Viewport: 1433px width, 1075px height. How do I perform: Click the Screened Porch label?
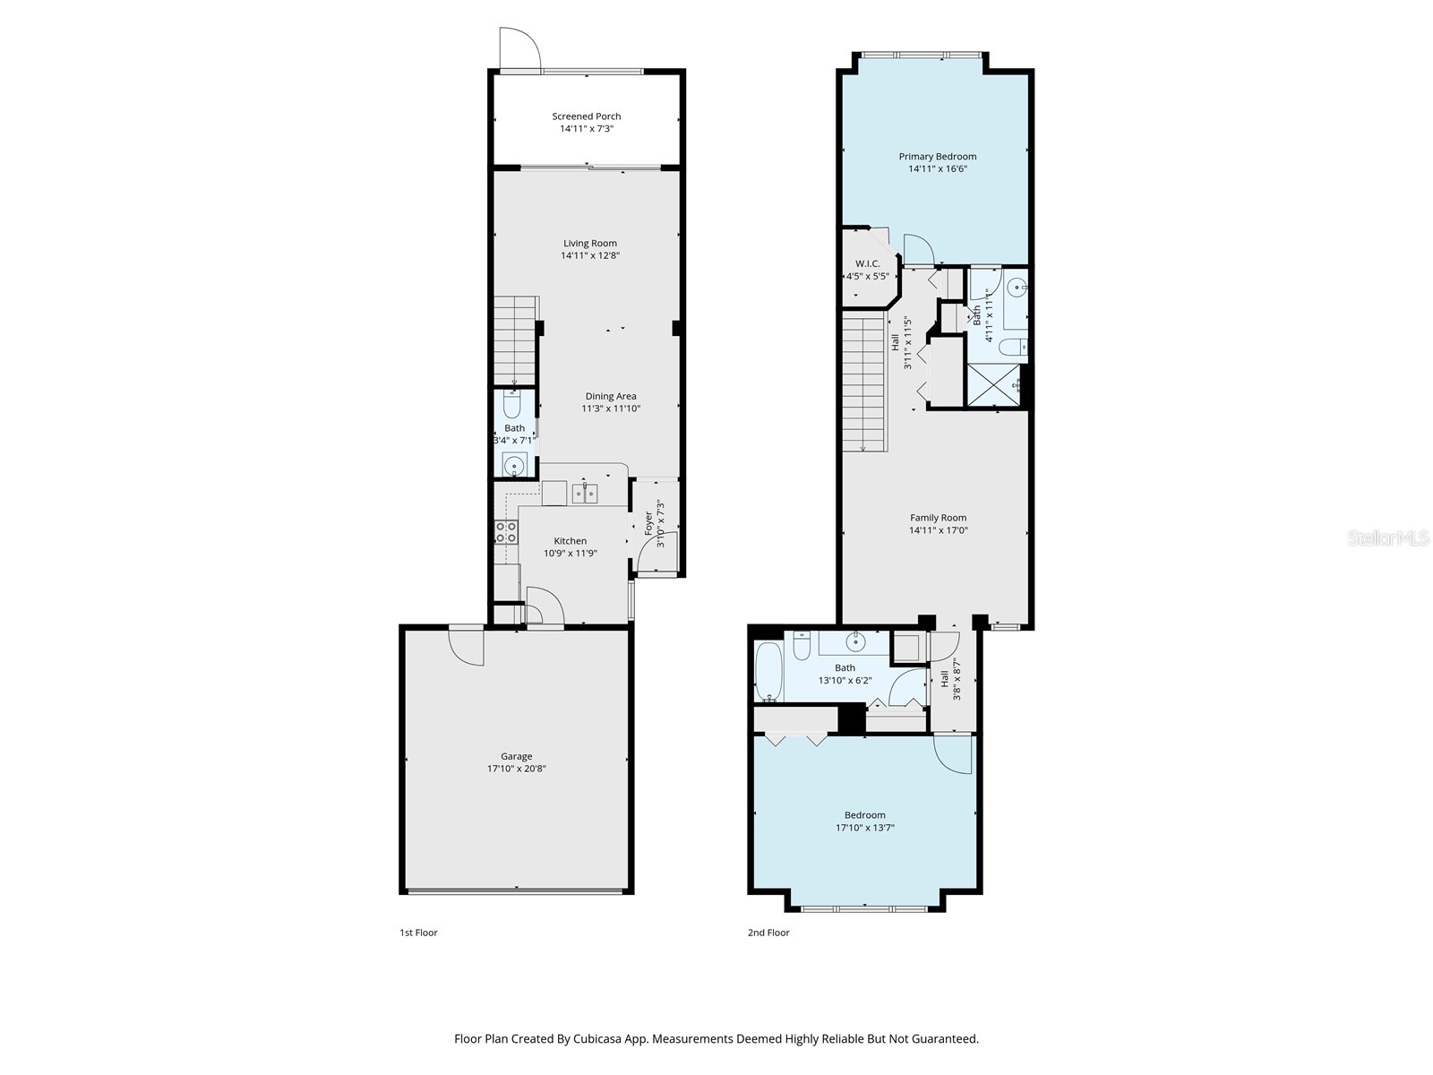pyautogui.click(x=586, y=116)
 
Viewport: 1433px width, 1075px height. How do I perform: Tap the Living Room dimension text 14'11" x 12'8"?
pyautogui.click(x=590, y=256)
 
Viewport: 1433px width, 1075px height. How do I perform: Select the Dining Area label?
pyautogui.click(x=611, y=396)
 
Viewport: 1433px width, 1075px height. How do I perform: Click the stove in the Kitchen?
pyautogui.click(x=506, y=533)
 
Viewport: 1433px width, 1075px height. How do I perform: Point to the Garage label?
pyautogui.click(x=516, y=756)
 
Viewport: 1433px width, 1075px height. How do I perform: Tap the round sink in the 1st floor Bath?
pyautogui.click(x=514, y=465)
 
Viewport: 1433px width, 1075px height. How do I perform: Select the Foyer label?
pyautogui.click(x=649, y=523)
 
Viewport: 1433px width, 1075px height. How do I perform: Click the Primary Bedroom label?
pyautogui.click(x=938, y=157)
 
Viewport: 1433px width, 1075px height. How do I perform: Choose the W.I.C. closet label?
pyautogui.click(x=867, y=263)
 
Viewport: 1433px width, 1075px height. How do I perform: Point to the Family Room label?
pyautogui.click(x=938, y=518)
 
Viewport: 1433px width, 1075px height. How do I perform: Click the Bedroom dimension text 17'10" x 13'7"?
pyautogui.click(x=864, y=828)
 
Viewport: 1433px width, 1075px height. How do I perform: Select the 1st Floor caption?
pyautogui.click(x=418, y=933)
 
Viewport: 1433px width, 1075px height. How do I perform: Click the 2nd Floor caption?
pyautogui.click(x=768, y=933)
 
